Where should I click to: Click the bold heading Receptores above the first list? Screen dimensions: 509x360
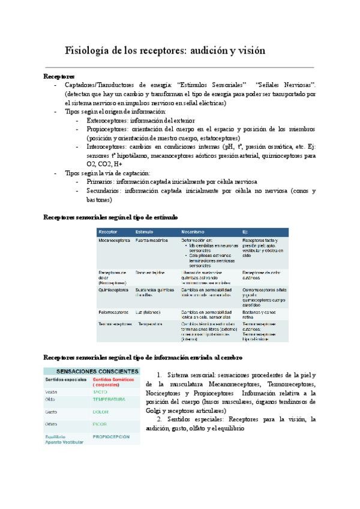(x=59, y=77)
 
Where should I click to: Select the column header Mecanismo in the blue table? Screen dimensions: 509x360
(x=193, y=231)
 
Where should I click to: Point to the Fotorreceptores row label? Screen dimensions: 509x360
(x=113, y=312)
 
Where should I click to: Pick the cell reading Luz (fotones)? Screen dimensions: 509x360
(x=148, y=312)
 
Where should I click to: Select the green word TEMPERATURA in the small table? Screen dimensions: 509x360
(x=109, y=399)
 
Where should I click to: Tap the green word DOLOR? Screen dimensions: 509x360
(x=101, y=412)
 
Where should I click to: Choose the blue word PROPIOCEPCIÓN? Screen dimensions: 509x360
(x=112, y=437)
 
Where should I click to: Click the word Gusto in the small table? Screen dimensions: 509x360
(x=52, y=412)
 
